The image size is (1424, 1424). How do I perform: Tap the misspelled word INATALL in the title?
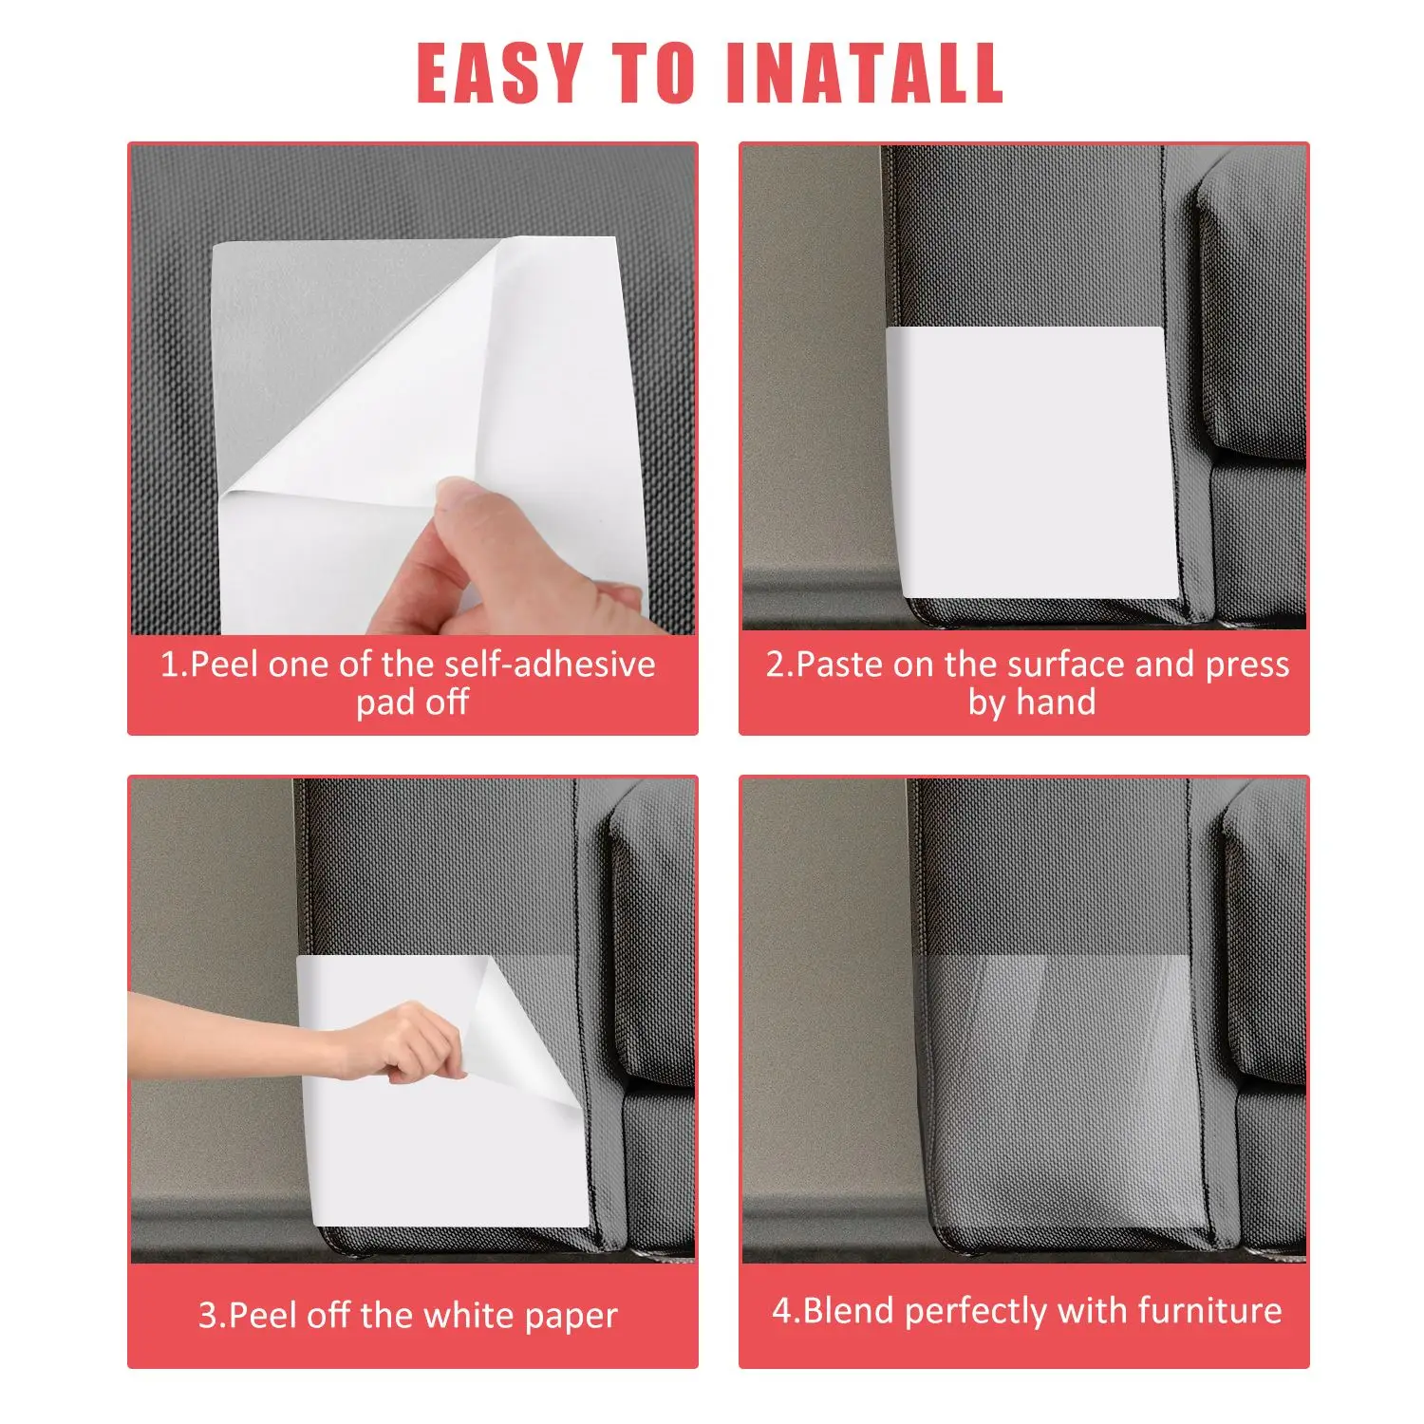pos(864,73)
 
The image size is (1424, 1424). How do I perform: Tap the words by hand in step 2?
pos(1032,703)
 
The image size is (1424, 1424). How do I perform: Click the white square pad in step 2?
pos(1032,460)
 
